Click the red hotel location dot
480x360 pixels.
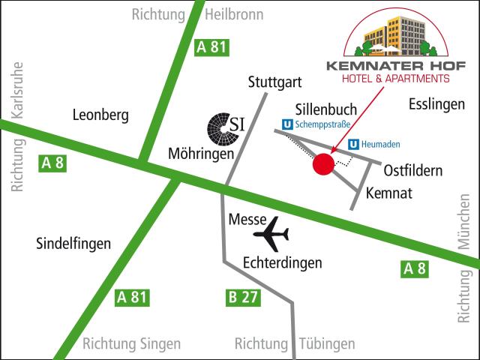click(x=323, y=165)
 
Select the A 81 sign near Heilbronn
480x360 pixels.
click(x=211, y=47)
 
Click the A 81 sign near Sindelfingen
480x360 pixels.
click(x=131, y=297)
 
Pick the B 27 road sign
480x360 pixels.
click(x=242, y=297)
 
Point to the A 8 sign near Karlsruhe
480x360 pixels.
click(x=52, y=162)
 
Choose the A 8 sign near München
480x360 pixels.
click(x=415, y=268)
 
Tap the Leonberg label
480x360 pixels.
click(x=100, y=115)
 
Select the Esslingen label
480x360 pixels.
click(x=437, y=105)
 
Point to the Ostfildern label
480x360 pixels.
click(x=413, y=170)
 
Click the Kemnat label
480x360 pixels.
click(x=389, y=193)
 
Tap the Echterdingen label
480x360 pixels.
click(x=283, y=263)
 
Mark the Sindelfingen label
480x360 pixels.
click(x=73, y=243)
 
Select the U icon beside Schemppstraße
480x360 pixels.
click(x=287, y=125)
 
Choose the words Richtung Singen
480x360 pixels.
click(x=131, y=344)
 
